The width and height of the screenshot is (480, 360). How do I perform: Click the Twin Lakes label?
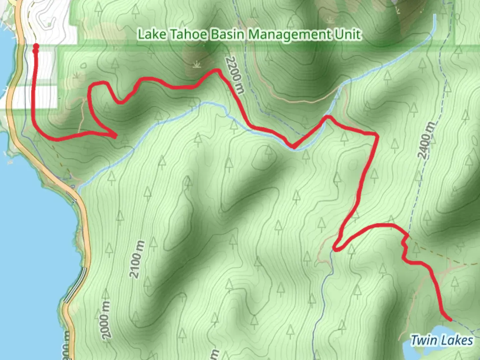point(441,341)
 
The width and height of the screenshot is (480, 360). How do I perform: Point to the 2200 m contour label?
point(235,75)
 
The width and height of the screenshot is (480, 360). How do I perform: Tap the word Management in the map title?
point(290,35)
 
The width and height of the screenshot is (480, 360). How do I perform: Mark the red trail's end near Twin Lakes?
point(450,320)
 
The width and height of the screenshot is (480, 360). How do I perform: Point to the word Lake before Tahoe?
point(152,34)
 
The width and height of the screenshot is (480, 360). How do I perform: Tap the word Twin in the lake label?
point(423,341)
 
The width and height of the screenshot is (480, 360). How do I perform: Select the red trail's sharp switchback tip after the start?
point(115,136)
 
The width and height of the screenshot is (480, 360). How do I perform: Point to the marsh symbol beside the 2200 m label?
point(197,64)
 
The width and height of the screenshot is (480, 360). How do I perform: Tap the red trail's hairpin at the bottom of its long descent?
point(335,249)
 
